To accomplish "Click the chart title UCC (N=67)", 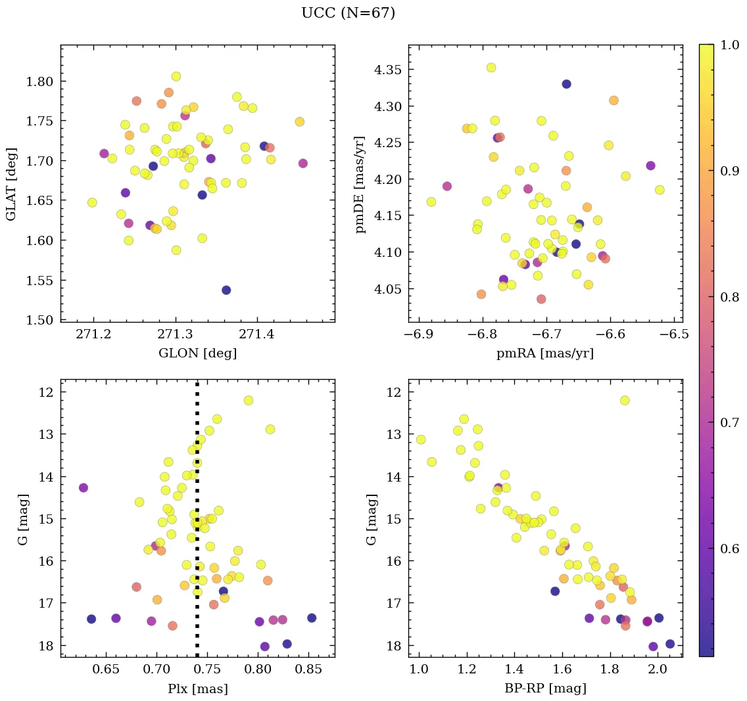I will click(x=348, y=13).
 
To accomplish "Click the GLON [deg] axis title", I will click(x=197, y=353).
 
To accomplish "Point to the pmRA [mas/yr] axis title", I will click(x=545, y=353).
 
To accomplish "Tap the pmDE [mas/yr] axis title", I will click(x=360, y=183).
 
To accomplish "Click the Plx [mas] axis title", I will click(x=197, y=689).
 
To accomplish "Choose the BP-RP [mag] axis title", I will click(x=545, y=689).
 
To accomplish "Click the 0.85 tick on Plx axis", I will click(x=309, y=671).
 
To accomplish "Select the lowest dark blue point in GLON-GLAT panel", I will click(x=226, y=290).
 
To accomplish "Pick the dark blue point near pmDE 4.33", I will click(x=566, y=84).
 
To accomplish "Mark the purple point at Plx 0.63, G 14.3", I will click(x=84, y=487).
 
